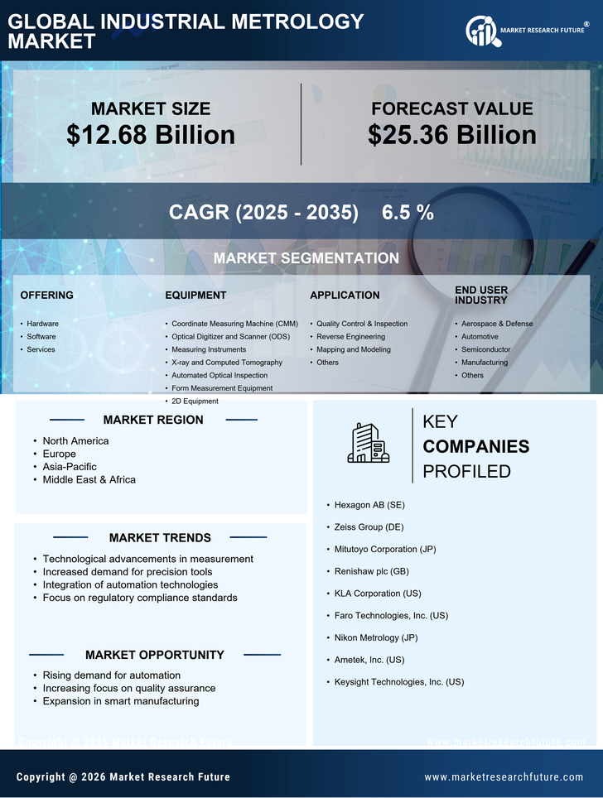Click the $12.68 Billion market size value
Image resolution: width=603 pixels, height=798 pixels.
tap(151, 135)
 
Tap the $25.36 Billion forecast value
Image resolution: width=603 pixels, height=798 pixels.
tap(452, 135)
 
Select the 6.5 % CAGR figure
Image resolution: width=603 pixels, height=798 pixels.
tap(408, 213)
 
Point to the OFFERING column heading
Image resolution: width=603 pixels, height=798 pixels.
tap(46, 296)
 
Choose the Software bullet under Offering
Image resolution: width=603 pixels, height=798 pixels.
tap(41, 337)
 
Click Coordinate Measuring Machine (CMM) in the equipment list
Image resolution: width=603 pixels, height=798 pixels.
tap(234, 324)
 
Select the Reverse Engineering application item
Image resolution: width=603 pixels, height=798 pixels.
tap(350, 337)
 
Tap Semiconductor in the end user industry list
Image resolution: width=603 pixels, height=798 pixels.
tap(485, 349)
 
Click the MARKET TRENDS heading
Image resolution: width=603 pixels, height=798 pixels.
tap(160, 538)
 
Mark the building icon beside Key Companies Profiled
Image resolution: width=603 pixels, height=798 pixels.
tap(369, 443)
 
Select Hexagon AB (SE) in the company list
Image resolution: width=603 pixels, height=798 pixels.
tap(369, 504)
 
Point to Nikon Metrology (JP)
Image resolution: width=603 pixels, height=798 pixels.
tap(375, 637)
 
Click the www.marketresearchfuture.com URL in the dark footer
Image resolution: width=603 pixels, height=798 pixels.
tap(504, 777)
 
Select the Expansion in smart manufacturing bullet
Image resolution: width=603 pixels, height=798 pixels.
tap(121, 701)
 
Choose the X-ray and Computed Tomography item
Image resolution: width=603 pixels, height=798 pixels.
tap(227, 363)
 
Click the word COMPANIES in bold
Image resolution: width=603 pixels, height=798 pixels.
tap(475, 447)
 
